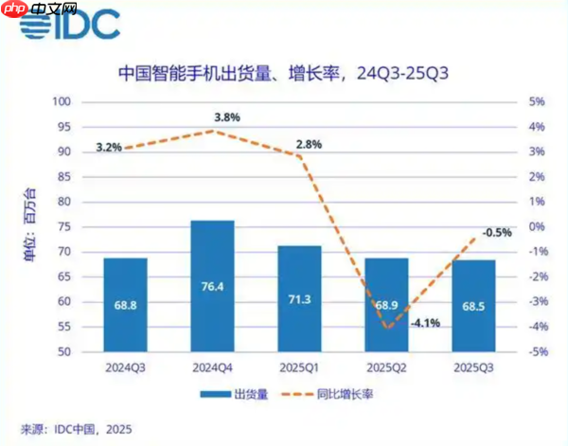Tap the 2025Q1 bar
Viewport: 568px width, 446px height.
299,298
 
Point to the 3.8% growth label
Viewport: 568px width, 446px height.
227,117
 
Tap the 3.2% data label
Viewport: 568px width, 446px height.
110,148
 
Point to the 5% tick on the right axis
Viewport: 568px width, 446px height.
536,102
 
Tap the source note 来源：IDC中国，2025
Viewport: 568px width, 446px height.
79,429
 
